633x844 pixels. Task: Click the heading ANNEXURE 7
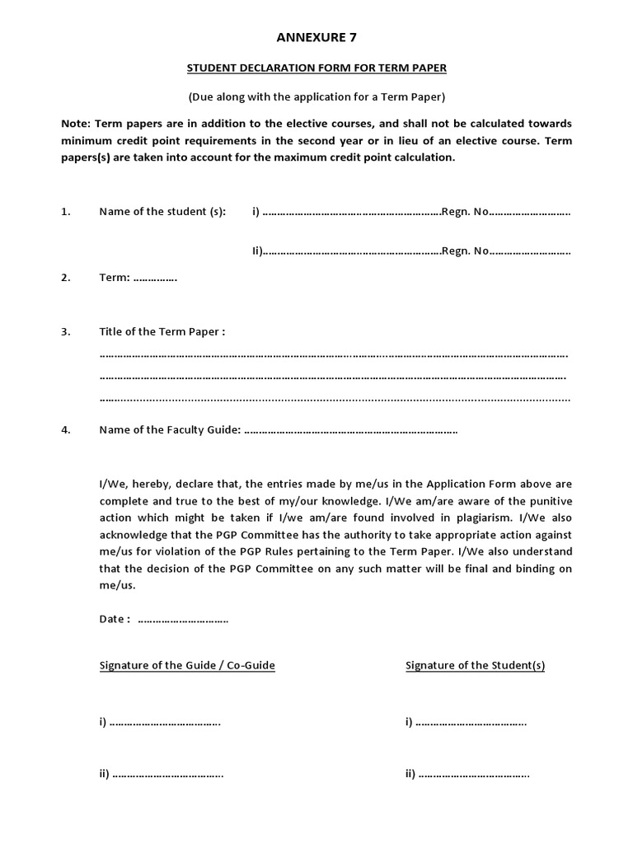tap(316, 37)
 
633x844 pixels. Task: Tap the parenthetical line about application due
tap(316, 96)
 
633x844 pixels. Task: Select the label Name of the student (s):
tap(162, 212)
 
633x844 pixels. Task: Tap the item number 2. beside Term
tap(66, 278)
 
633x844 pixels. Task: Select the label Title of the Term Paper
tap(162, 331)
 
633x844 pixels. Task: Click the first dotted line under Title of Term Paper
tap(333, 355)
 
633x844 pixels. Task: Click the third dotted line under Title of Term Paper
tap(333, 400)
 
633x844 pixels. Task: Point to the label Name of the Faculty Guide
tap(170, 429)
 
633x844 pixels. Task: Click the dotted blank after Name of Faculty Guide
tap(351, 430)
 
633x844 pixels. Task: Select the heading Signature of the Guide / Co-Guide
tap(187, 665)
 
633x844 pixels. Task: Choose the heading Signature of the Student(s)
tap(475, 665)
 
